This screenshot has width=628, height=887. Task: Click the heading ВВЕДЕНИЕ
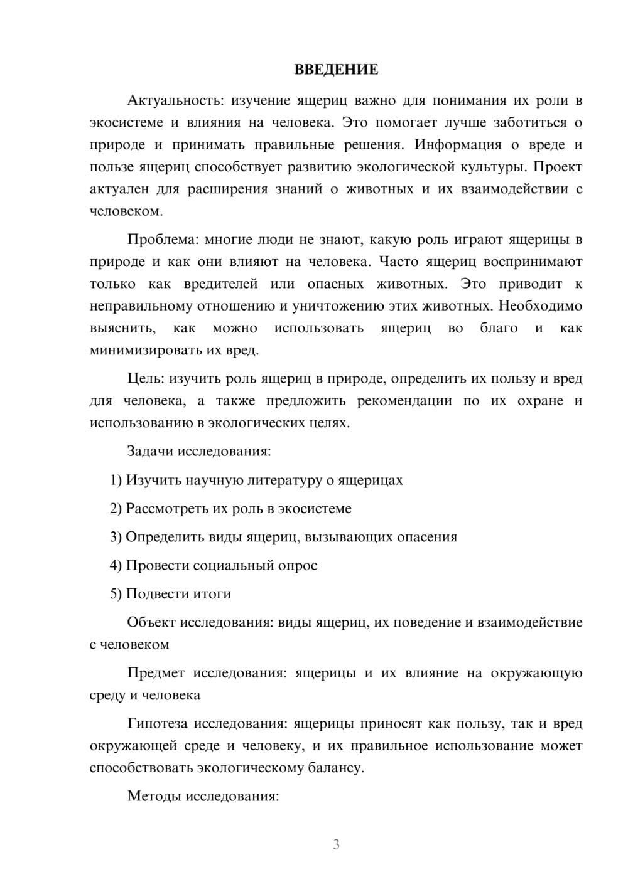(336, 70)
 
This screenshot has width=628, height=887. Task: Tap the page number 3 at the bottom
(336, 844)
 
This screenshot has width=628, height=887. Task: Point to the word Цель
(146, 379)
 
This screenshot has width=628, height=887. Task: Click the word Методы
(153, 797)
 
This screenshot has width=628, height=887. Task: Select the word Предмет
(156, 673)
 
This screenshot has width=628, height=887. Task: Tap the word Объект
(151, 622)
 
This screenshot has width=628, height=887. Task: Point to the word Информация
(458, 145)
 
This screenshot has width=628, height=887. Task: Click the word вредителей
(220, 284)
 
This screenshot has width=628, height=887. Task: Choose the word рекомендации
(404, 401)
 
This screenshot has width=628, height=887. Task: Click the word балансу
(336, 768)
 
